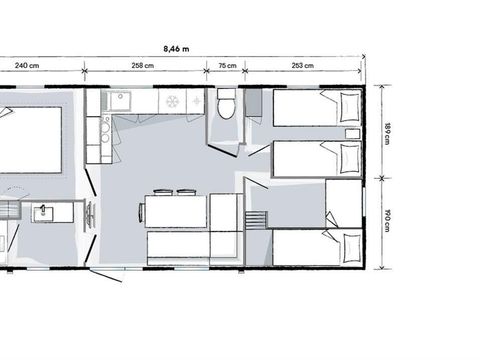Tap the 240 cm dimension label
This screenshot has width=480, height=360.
(27, 66)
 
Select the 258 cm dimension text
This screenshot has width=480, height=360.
(143, 66)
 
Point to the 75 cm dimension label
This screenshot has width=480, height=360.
(227, 66)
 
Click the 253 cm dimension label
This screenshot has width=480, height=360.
(303, 66)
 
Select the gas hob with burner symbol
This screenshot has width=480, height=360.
(171, 101)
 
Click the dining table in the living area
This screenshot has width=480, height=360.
(176, 212)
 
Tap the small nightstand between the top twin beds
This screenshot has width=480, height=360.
(351, 132)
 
